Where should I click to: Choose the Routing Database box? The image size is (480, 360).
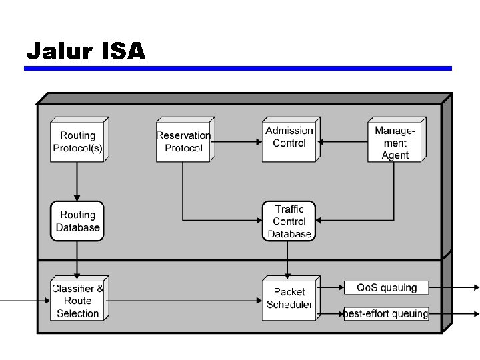[x=77, y=221]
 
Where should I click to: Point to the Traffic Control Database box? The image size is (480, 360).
[x=289, y=221]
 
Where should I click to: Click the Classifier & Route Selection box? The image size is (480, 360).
[x=78, y=299]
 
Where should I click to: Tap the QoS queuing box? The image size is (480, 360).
[x=386, y=288]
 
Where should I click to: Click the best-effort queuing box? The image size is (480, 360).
[x=386, y=313]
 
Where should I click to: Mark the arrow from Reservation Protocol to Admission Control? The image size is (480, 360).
[x=235, y=141]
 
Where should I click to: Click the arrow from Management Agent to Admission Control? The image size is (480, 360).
[x=343, y=141]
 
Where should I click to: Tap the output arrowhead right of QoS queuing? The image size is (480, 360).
[x=475, y=288]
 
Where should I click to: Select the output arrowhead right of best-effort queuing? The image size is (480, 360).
[x=475, y=313]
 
